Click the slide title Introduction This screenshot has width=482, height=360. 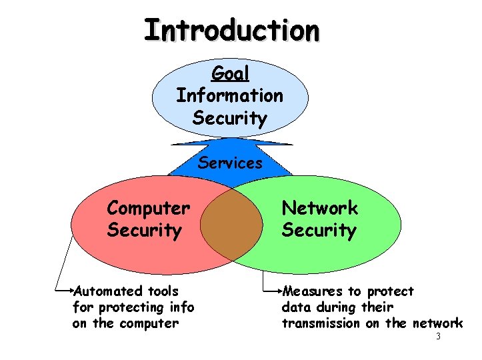pyautogui.click(x=231, y=30)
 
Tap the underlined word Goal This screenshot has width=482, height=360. pyautogui.click(x=229, y=73)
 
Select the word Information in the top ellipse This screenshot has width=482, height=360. pyautogui.click(x=229, y=95)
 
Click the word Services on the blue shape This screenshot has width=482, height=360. pyautogui.click(x=230, y=163)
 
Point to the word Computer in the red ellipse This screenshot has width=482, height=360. pyautogui.click(x=148, y=209)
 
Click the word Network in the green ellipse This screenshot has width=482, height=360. pyautogui.click(x=319, y=208)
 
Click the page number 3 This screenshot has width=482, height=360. pyautogui.click(x=438, y=337)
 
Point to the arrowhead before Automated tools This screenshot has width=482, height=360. pyautogui.click(x=73, y=291)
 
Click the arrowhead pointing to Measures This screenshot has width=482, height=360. pyautogui.click(x=280, y=291)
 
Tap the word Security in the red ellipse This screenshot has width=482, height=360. pyautogui.click(x=144, y=231)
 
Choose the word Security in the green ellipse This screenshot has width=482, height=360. pyautogui.click(x=319, y=231)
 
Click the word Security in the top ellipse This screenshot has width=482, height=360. pyautogui.click(x=229, y=119)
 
